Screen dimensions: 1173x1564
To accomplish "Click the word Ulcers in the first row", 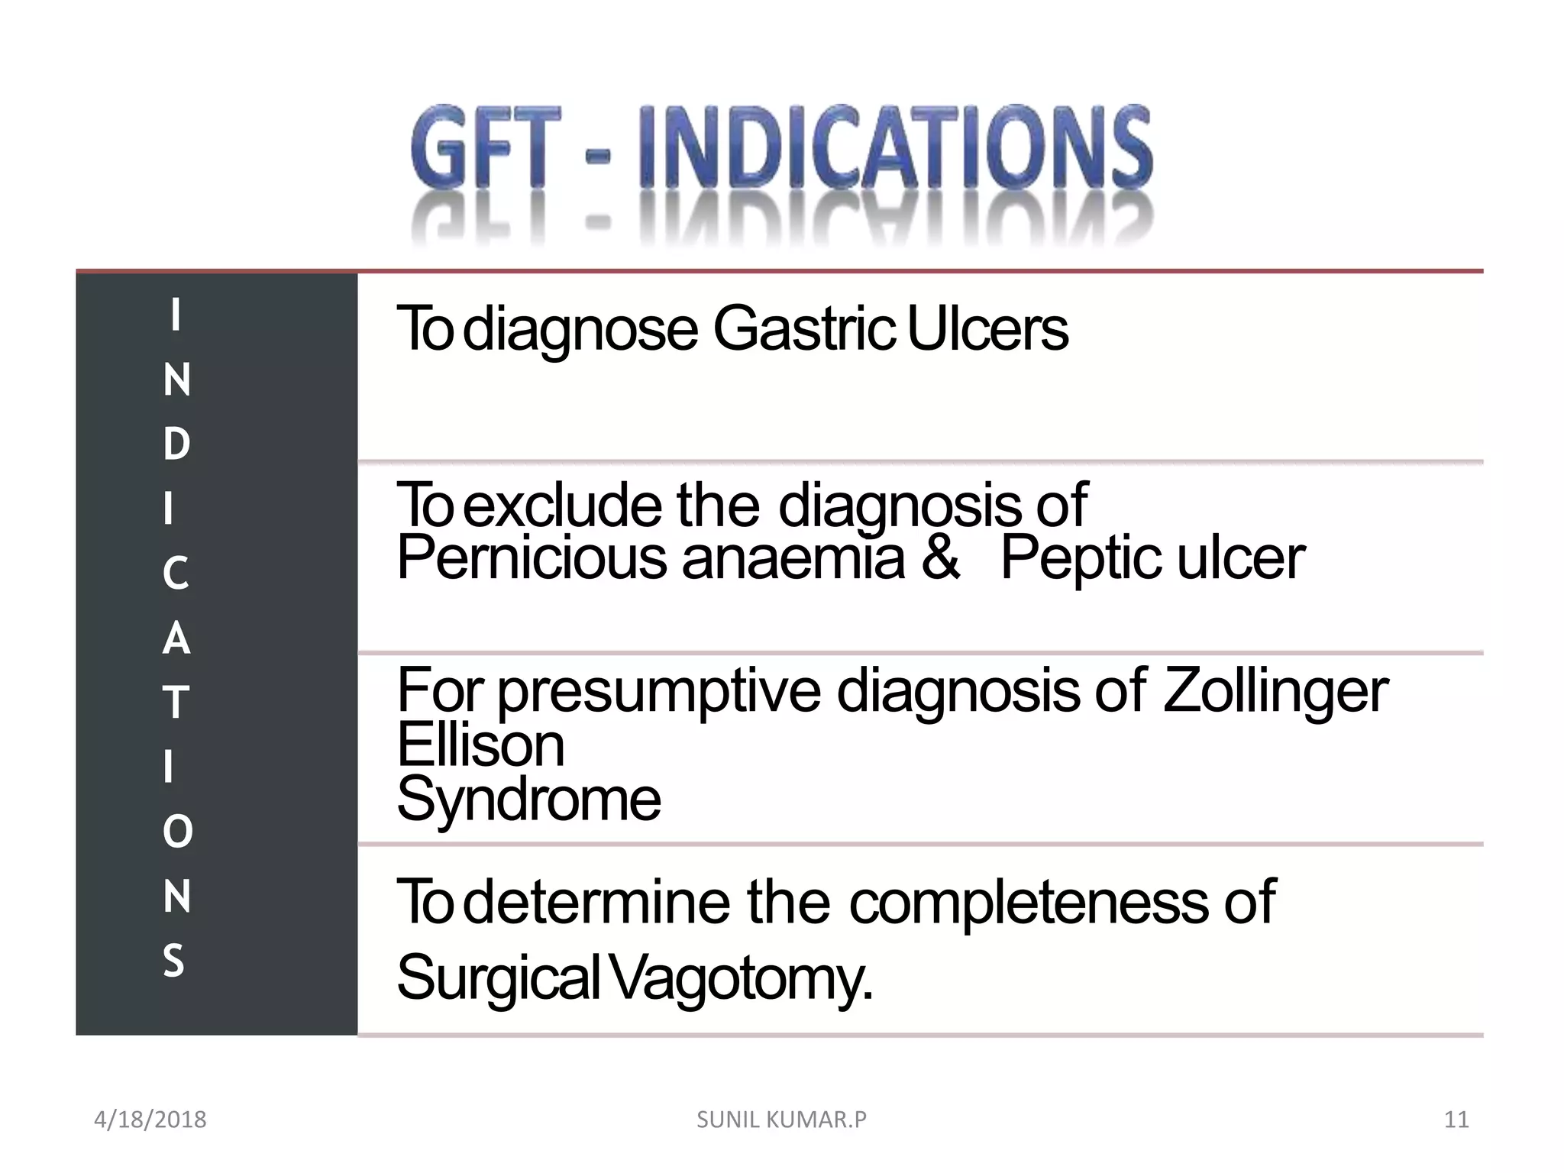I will tap(987, 329).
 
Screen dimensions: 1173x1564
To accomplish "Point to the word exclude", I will tap(562, 505).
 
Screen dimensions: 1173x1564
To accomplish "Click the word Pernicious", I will tap(532, 557).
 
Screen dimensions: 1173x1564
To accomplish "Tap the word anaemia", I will tap(793, 557).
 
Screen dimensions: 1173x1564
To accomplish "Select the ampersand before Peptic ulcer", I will tap(940, 557).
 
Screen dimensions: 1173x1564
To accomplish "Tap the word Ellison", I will tap(480, 745).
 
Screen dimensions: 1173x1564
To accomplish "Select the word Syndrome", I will tap(528, 800).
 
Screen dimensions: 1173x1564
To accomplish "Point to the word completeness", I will tap(1029, 903).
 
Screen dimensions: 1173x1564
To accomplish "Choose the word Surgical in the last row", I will tap(499, 979).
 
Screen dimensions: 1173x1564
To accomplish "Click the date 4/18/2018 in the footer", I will tap(150, 1120).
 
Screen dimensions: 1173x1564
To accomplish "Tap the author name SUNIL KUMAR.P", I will tap(781, 1120).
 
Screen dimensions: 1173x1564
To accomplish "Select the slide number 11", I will tap(1456, 1120).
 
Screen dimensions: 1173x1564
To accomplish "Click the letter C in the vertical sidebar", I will tap(176, 574).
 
